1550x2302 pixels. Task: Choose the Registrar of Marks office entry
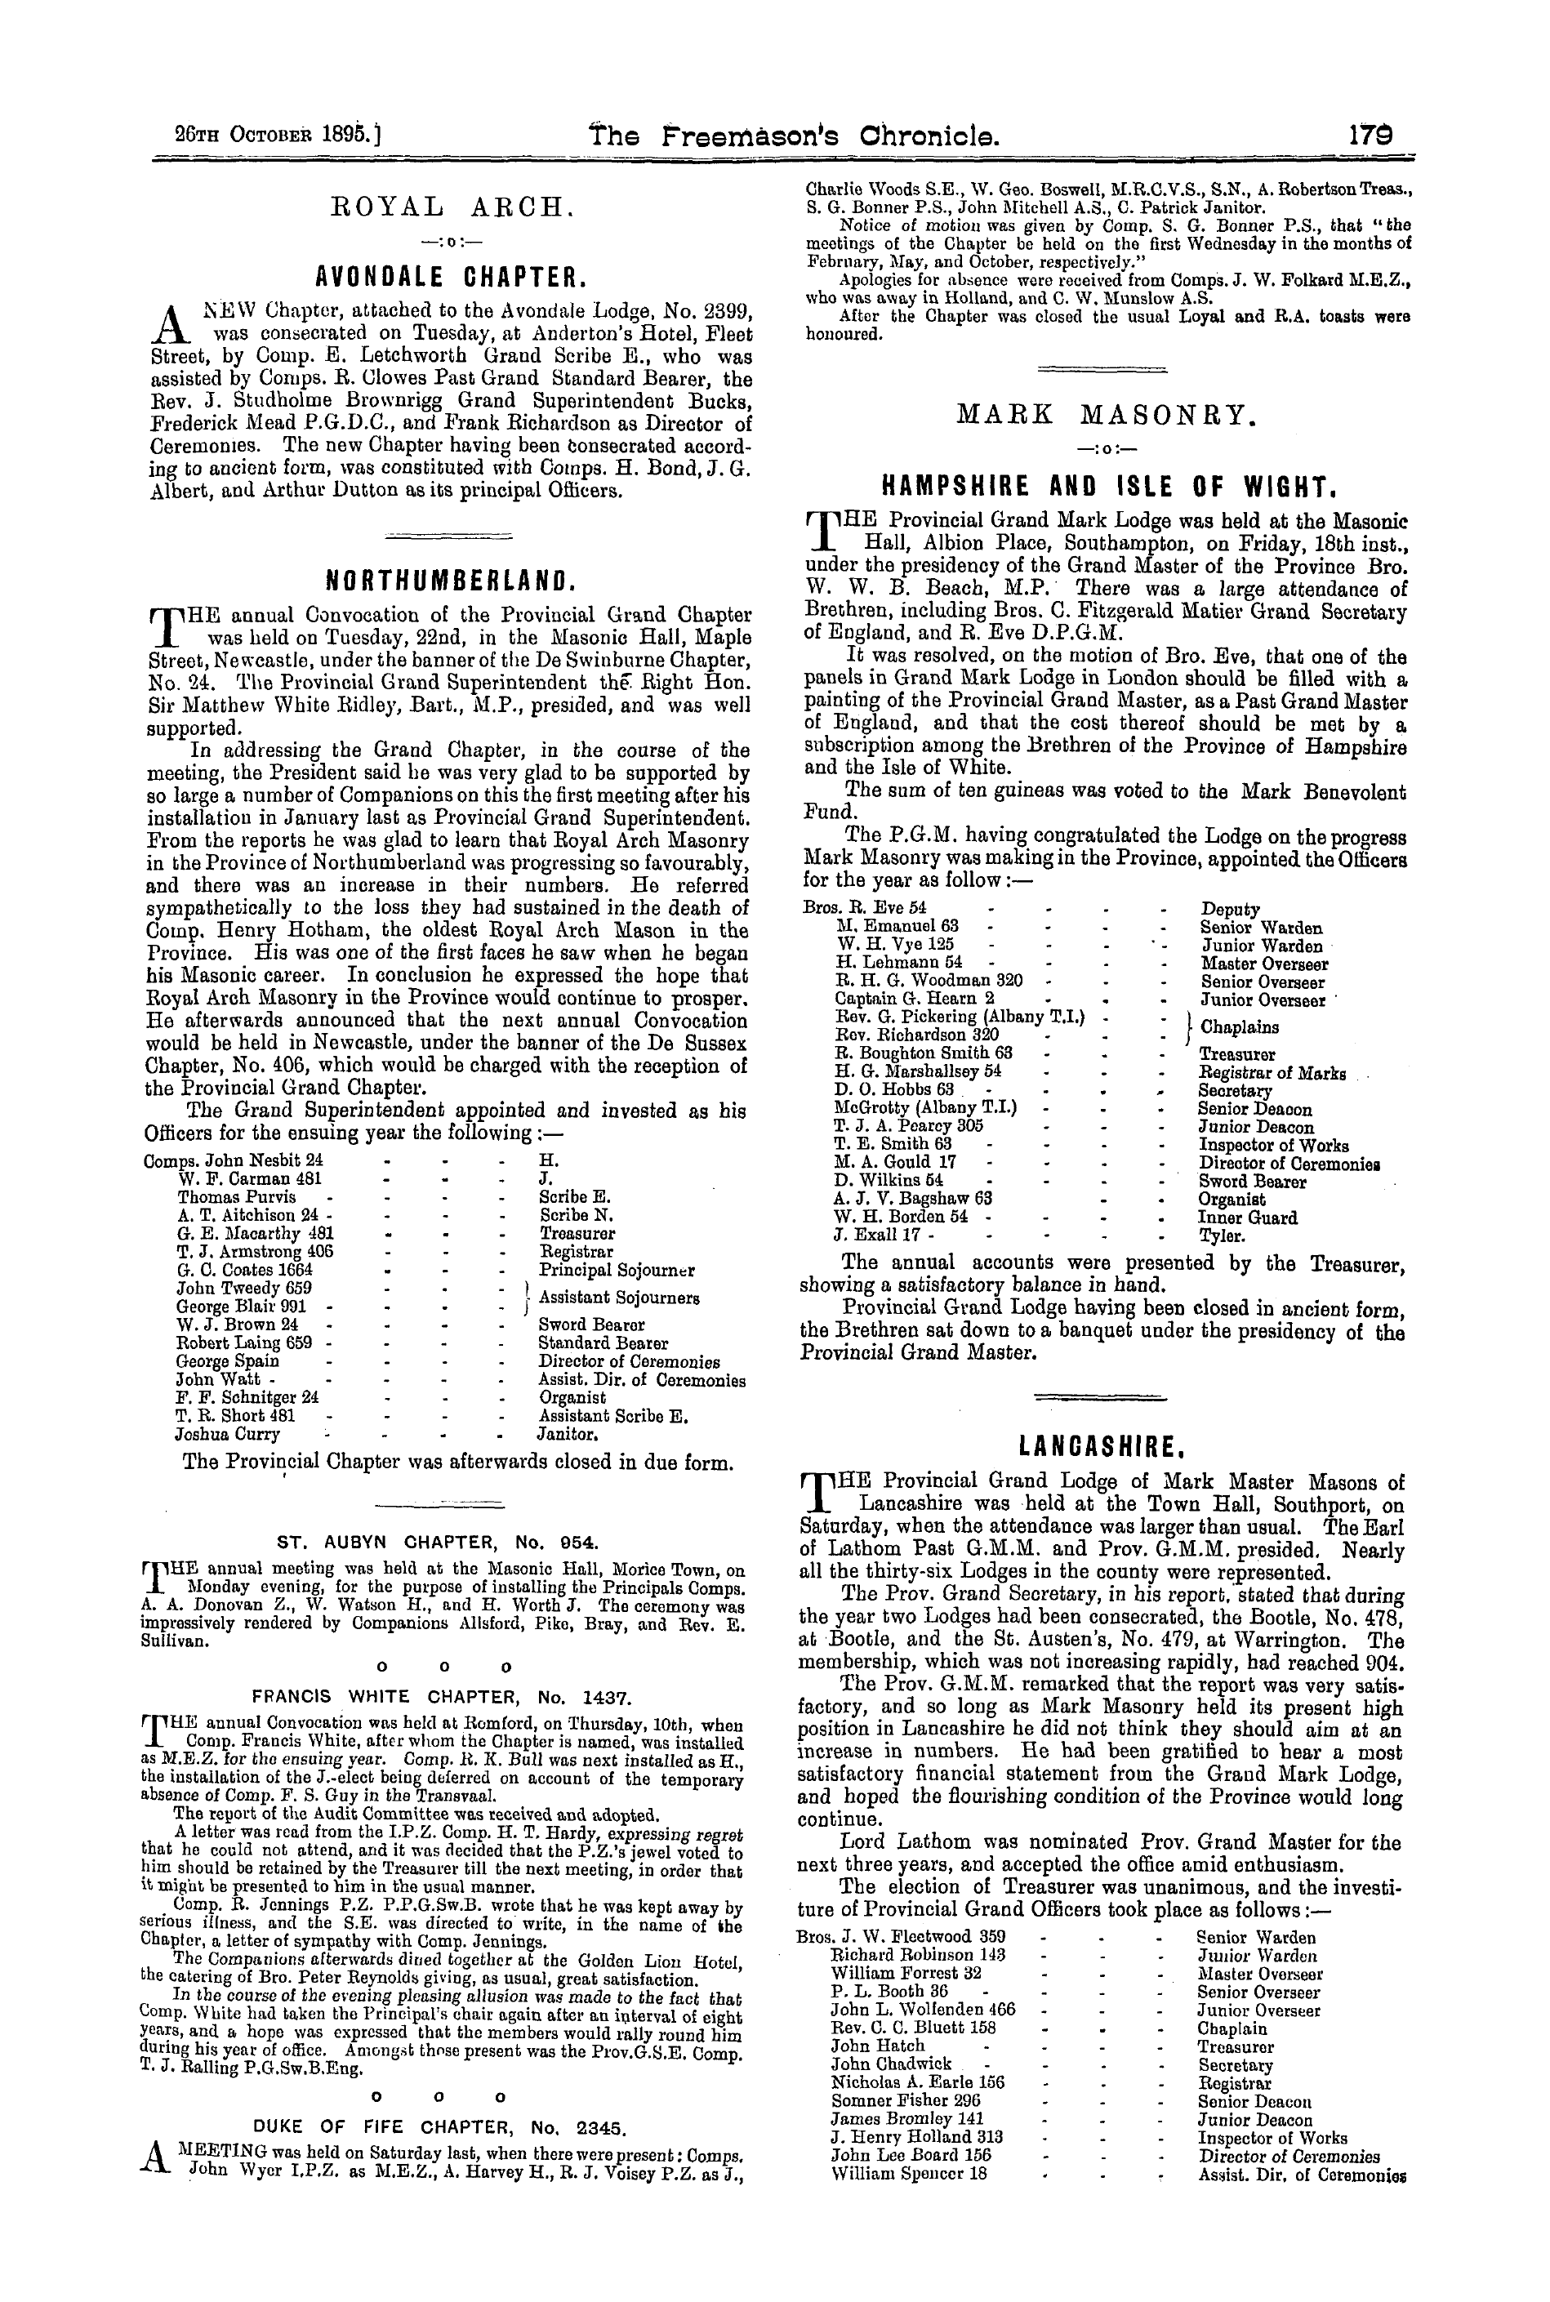click(x=1272, y=1072)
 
